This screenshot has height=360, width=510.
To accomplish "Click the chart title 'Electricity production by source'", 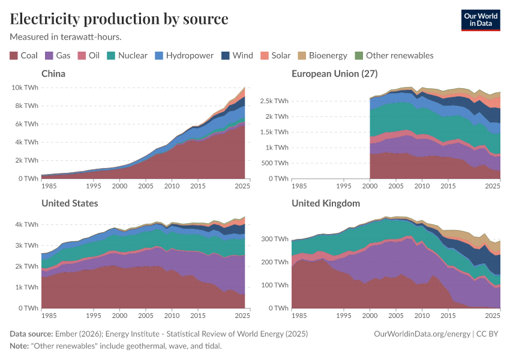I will (119, 19).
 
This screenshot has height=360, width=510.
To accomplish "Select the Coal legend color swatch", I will (14, 56).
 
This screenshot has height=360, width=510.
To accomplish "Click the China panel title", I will (53, 74).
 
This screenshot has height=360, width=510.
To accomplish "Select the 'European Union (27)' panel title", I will (334, 74).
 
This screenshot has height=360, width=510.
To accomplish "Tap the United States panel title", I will (70, 203).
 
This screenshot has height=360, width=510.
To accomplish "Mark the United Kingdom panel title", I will (326, 203).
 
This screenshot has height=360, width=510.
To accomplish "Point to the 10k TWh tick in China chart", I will (25, 87).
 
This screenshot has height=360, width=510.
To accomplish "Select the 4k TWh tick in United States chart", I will (28, 224).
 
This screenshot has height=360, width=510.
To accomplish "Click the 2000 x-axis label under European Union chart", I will (370, 186).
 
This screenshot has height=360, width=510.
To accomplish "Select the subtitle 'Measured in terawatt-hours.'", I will (66, 37).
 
